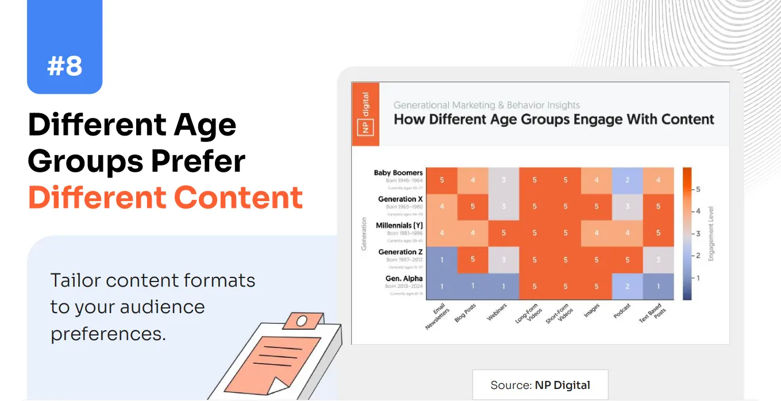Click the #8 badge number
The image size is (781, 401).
[64, 66]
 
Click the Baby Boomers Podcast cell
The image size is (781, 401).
[628, 180]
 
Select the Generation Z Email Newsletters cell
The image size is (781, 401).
[442, 260]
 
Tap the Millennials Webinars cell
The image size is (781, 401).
[504, 233]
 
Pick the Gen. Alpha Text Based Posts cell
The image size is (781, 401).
[659, 286]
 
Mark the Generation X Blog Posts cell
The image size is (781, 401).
[473, 206]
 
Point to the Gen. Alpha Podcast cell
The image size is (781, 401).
[628, 286]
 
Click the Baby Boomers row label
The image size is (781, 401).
[398, 173]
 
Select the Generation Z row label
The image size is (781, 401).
[401, 252]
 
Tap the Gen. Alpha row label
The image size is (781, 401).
[404, 279]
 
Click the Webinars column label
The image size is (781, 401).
[497, 312]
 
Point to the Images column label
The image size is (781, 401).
[591, 311]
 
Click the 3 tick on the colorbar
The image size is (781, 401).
[698, 233]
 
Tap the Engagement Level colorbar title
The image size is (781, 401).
[711, 234]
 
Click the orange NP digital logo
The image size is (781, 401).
[366, 114]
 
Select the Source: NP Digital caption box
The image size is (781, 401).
[540, 385]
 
